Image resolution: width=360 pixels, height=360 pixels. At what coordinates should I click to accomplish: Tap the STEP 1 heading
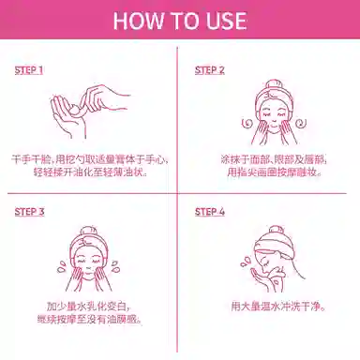(29, 70)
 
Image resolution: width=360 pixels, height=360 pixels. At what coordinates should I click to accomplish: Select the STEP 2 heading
(210, 70)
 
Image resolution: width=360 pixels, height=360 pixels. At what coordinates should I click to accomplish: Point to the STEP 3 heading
(29, 212)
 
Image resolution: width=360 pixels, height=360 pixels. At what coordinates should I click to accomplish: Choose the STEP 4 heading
(210, 212)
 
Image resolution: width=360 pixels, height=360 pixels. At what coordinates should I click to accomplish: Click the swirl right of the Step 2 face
(300, 123)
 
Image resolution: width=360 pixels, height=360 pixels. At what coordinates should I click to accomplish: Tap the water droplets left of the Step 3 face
(61, 267)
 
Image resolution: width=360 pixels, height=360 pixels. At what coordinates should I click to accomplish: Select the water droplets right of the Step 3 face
(115, 266)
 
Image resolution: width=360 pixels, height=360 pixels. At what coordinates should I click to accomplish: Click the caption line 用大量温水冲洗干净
(278, 307)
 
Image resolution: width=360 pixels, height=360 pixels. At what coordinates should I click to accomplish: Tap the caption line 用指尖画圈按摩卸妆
(274, 172)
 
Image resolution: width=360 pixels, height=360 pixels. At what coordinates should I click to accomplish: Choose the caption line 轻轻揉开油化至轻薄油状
(90, 172)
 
